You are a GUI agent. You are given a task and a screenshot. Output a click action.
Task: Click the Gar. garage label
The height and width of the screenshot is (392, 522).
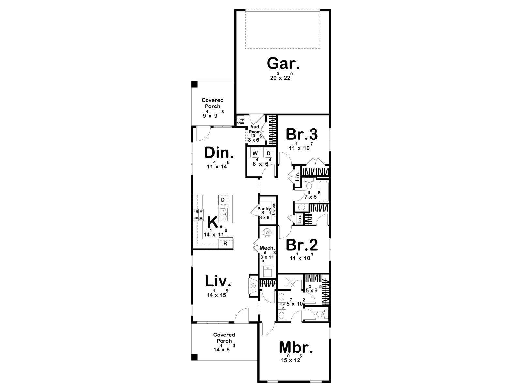point(283,64)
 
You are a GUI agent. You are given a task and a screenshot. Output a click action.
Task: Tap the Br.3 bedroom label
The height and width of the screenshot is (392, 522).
point(302,135)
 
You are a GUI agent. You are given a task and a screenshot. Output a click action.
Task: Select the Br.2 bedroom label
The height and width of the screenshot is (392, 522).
point(302,245)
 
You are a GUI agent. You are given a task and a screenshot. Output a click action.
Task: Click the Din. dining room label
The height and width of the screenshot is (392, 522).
point(219,153)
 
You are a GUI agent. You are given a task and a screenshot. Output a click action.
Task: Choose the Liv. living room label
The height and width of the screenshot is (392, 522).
point(218,281)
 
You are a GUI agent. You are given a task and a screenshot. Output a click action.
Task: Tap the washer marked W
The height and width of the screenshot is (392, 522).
point(255,153)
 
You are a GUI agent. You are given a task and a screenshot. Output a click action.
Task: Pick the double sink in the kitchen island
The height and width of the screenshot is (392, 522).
point(57,214)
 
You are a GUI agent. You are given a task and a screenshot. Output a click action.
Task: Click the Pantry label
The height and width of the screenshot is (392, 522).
point(264,209)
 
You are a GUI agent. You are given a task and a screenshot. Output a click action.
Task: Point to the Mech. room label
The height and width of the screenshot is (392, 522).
point(267,248)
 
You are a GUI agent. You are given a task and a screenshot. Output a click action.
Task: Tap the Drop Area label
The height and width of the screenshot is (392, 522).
point(240,121)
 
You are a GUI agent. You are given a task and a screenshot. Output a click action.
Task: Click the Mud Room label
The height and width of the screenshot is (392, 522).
point(254,129)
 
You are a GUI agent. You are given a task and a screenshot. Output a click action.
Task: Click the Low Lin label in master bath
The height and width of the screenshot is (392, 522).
point(282,306)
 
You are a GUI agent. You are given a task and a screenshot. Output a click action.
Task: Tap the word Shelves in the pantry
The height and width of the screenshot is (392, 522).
point(274,209)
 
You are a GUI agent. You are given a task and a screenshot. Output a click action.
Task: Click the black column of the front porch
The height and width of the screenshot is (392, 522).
point(194,357)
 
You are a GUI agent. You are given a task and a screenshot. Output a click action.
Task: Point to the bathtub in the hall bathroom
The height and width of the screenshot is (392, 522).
point(323,192)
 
